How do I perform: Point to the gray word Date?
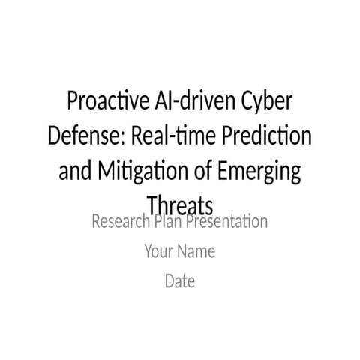tap(180, 282)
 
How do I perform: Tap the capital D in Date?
tap(169, 282)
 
